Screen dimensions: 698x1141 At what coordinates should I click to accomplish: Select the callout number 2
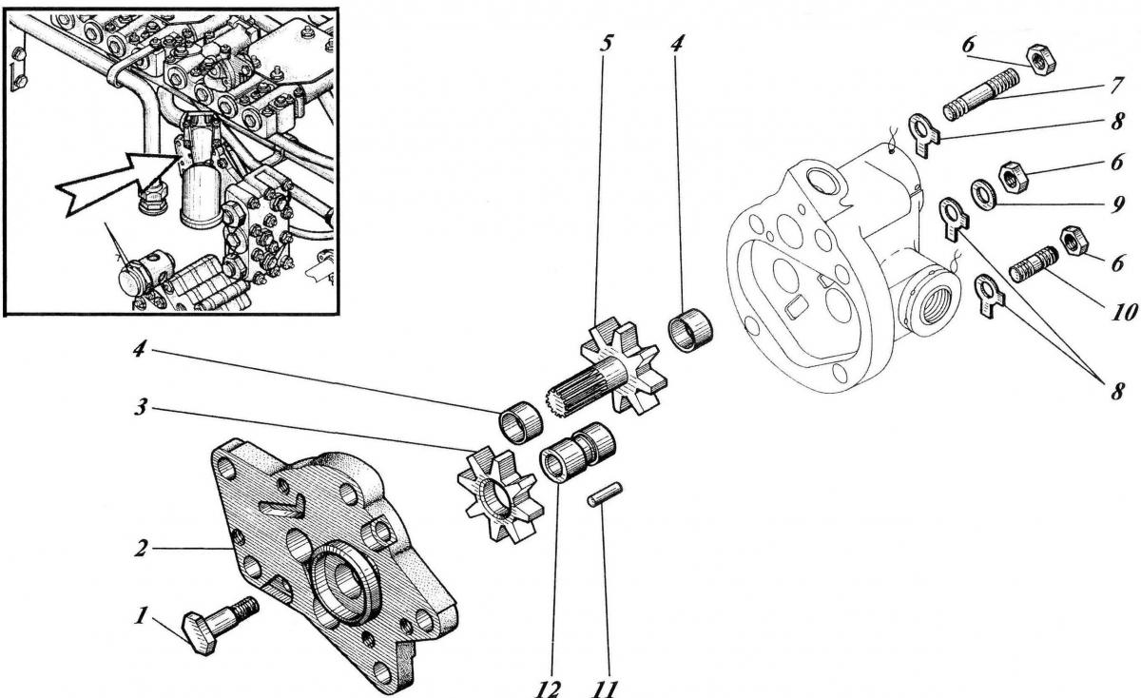[x=140, y=550]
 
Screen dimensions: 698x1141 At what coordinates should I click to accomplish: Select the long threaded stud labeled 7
[x=980, y=99]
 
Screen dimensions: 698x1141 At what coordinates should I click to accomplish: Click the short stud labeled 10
[x=1033, y=259]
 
